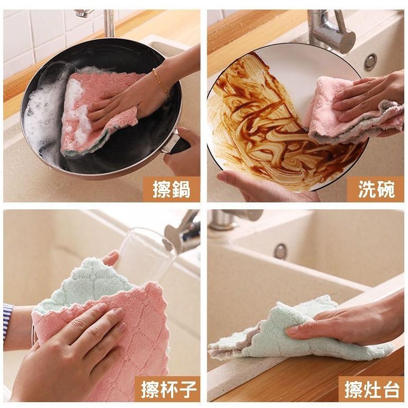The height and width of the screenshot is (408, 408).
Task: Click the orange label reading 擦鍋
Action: click(x=171, y=189)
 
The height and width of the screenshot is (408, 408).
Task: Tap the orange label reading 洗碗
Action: click(x=376, y=189)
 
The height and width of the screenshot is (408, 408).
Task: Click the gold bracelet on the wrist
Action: click(x=161, y=82)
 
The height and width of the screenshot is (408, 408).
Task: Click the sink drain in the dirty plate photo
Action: click(x=370, y=61)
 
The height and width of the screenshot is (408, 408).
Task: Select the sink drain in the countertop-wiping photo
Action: click(x=280, y=251)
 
